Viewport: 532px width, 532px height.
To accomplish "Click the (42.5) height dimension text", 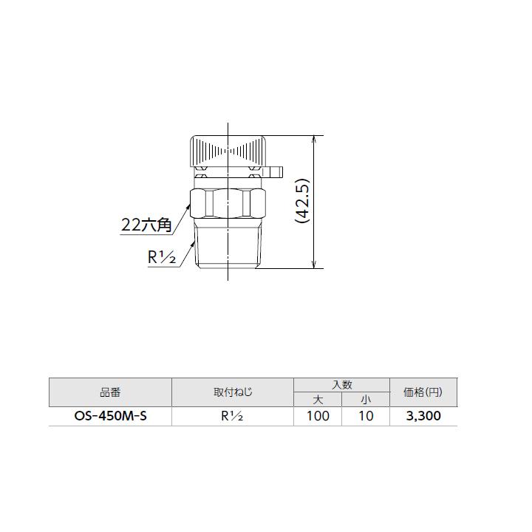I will (302, 200).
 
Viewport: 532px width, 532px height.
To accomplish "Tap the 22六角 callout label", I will (146, 225).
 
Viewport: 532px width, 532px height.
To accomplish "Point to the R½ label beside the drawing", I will (160, 259).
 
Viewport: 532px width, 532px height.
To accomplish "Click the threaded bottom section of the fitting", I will (228, 247).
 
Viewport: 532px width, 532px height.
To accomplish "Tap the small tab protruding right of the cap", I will (274, 173).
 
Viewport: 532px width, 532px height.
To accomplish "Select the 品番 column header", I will (109, 392).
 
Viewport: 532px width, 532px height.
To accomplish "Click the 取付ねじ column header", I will (232, 392).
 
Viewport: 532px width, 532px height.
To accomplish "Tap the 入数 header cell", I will (341, 385).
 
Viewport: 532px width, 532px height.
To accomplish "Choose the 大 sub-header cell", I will (318, 399).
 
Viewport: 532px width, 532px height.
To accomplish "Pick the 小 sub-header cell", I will (365, 399).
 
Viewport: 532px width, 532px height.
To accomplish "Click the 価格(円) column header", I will (423, 392).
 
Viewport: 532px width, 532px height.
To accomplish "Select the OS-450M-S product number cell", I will (109, 416).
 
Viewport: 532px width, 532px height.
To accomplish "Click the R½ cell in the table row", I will (232, 416).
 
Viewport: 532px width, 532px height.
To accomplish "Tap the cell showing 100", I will (318, 416).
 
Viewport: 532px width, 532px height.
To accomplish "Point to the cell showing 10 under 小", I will (365, 416).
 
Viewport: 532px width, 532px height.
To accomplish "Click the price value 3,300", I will (423, 416).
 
